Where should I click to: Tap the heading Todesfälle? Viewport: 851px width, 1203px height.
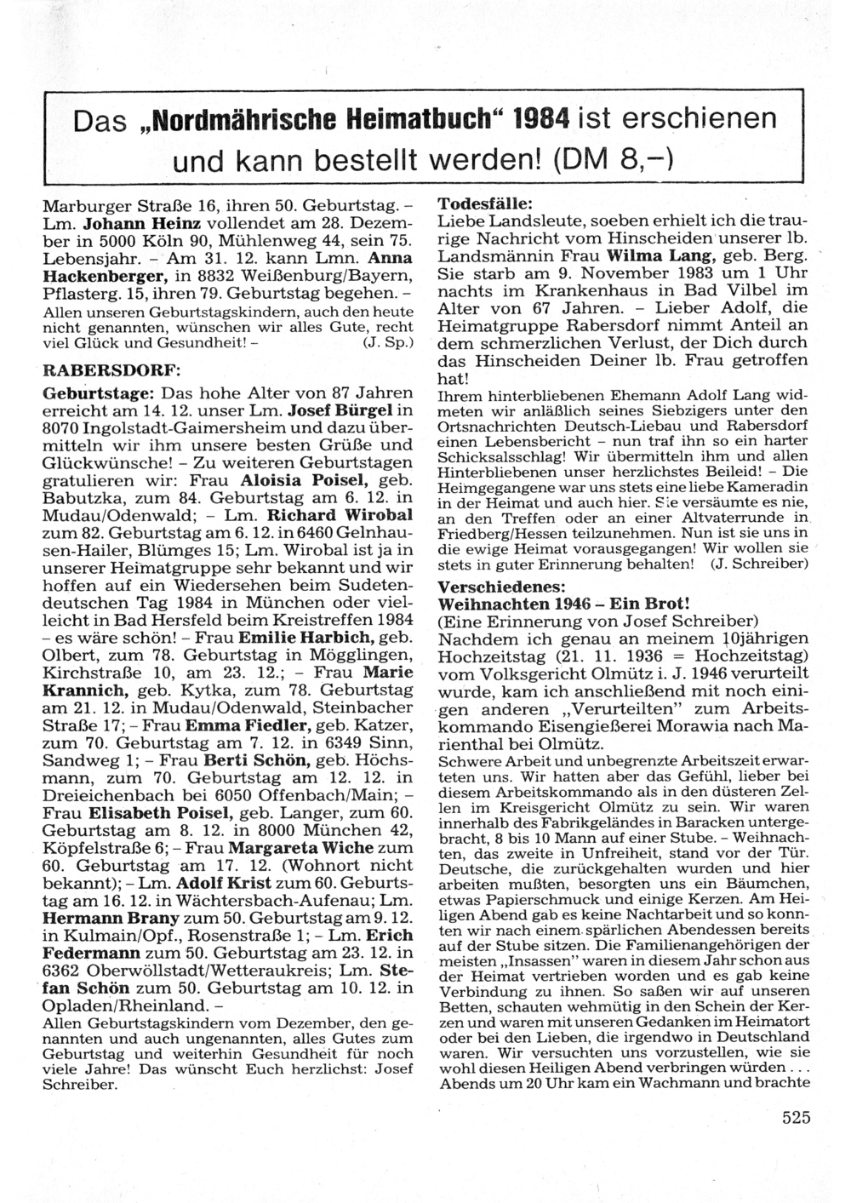point(485,205)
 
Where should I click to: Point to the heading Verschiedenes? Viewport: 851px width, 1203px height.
point(500,587)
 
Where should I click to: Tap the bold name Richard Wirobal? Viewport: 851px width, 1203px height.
point(340,515)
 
